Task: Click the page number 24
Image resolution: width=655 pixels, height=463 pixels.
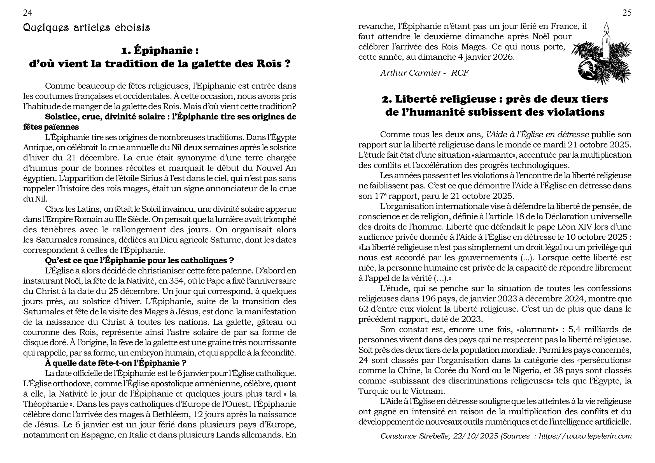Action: point(28,13)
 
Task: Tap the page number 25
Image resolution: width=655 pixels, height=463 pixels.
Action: point(627,13)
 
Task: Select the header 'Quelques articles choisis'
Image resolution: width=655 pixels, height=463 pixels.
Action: point(87,28)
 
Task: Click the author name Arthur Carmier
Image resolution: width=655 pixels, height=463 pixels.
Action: point(411,73)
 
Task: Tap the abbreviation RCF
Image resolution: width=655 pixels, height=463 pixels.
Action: point(460,73)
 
